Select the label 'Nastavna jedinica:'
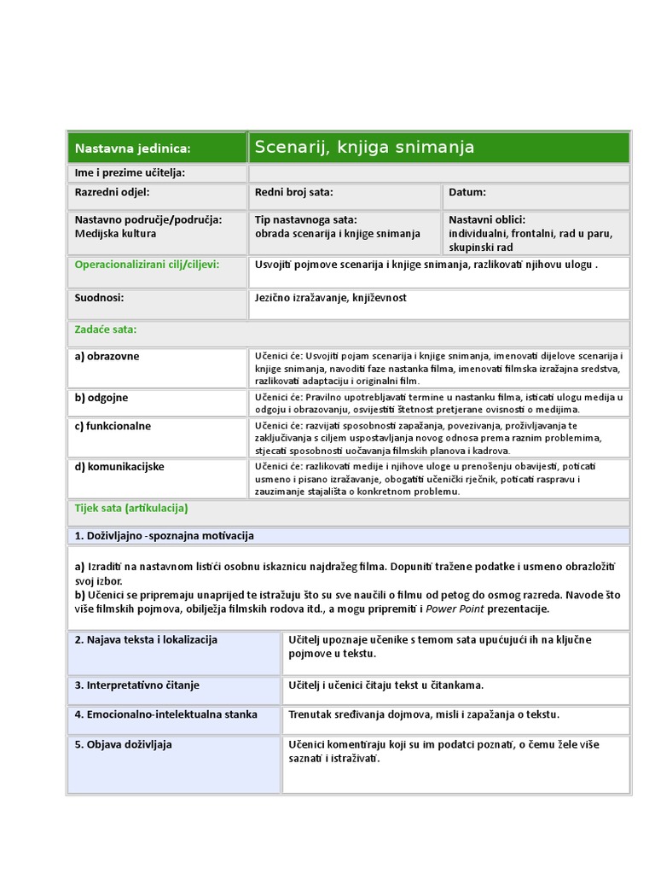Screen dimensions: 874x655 pos(132,149)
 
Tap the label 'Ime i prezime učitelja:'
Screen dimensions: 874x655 pos(130,173)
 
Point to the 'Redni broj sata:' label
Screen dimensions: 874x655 pos(293,193)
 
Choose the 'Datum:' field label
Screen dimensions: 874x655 pos(467,193)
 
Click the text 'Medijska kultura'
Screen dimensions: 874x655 pos(116,233)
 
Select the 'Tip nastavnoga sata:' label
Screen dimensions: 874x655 pos(305,219)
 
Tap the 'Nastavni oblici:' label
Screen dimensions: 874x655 pos(487,219)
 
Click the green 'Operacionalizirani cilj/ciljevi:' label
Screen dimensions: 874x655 pos(147,265)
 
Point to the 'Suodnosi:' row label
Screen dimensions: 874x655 pos(100,298)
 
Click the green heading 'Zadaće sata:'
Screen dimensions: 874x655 pos(106,329)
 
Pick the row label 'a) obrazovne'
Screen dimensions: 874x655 pos(107,356)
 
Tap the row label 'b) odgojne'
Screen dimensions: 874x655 pos(101,398)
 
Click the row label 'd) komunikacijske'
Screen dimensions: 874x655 pos(119,467)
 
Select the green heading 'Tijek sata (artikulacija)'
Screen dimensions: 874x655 pos(131,508)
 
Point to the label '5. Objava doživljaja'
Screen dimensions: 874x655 pos(124,744)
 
